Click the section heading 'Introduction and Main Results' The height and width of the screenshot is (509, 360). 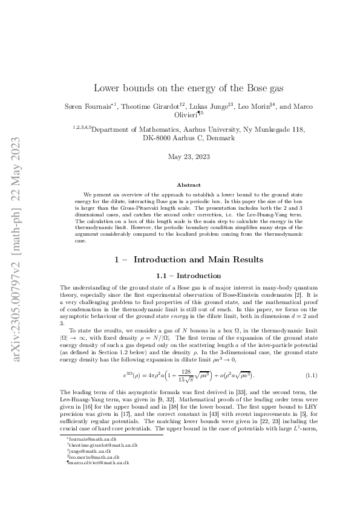[198, 259]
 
